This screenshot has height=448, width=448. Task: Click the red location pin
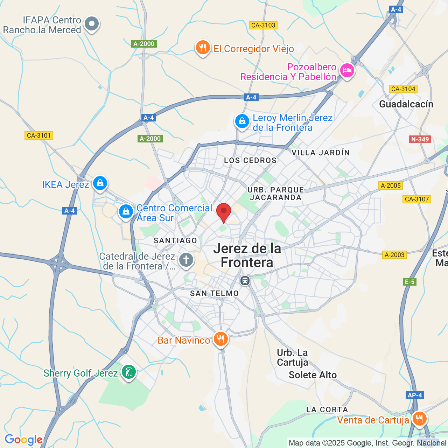pyautogui.click(x=224, y=212)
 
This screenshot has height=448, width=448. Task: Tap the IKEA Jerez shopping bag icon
pyautogui.click(x=100, y=183)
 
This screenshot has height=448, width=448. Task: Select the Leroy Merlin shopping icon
pyautogui.click(x=242, y=121)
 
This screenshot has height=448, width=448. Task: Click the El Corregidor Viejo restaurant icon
pyautogui.click(x=203, y=47)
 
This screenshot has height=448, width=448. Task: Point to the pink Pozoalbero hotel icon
pyautogui.click(x=347, y=71)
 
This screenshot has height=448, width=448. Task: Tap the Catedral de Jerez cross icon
pyautogui.click(x=186, y=260)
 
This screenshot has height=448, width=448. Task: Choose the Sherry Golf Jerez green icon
pyautogui.click(x=129, y=372)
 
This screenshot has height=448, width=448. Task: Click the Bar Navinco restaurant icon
pyautogui.click(x=220, y=339)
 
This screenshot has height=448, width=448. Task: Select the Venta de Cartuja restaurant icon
pyautogui.click(x=419, y=419)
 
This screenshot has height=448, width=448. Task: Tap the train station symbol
pyautogui.click(x=245, y=281)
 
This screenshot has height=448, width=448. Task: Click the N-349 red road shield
pyautogui.click(x=420, y=139)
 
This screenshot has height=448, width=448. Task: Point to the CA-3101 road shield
pyautogui.click(x=39, y=135)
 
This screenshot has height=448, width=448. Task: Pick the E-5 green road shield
pyautogui.click(x=409, y=282)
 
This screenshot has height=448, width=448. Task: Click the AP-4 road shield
pyautogui.click(x=415, y=395)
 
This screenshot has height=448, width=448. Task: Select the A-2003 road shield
pyautogui.click(x=394, y=255)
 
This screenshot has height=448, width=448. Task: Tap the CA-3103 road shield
pyautogui.click(x=263, y=25)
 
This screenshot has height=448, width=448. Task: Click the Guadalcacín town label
pyautogui.click(x=406, y=104)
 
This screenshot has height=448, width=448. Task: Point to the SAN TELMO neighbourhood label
pyautogui.click(x=214, y=293)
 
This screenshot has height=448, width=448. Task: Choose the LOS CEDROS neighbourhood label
pyautogui.click(x=250, y=160)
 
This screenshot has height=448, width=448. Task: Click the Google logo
pyautogui.click(x=23, y=440)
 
